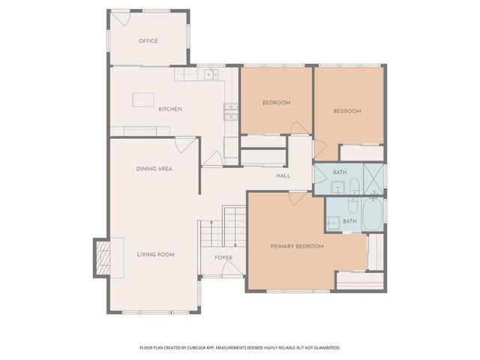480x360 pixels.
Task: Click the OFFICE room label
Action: tap(148, 40)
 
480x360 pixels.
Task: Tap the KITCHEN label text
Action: tap(170, 109)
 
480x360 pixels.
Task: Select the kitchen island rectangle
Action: tap(144, 100)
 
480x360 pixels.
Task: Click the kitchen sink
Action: tap(211, 74)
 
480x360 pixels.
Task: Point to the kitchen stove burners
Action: tap(230, 112)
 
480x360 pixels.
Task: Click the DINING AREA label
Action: tap(154, 169)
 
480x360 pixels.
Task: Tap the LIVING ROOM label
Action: tap(155, 255)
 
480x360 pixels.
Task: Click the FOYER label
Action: tap(223, 258)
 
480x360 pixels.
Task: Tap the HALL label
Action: tap(283, 176)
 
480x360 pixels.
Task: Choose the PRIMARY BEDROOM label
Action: tap(297, 246)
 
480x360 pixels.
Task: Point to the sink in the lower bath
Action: tap(331, 222)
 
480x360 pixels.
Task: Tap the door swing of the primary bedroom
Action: tap(298, 198)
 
